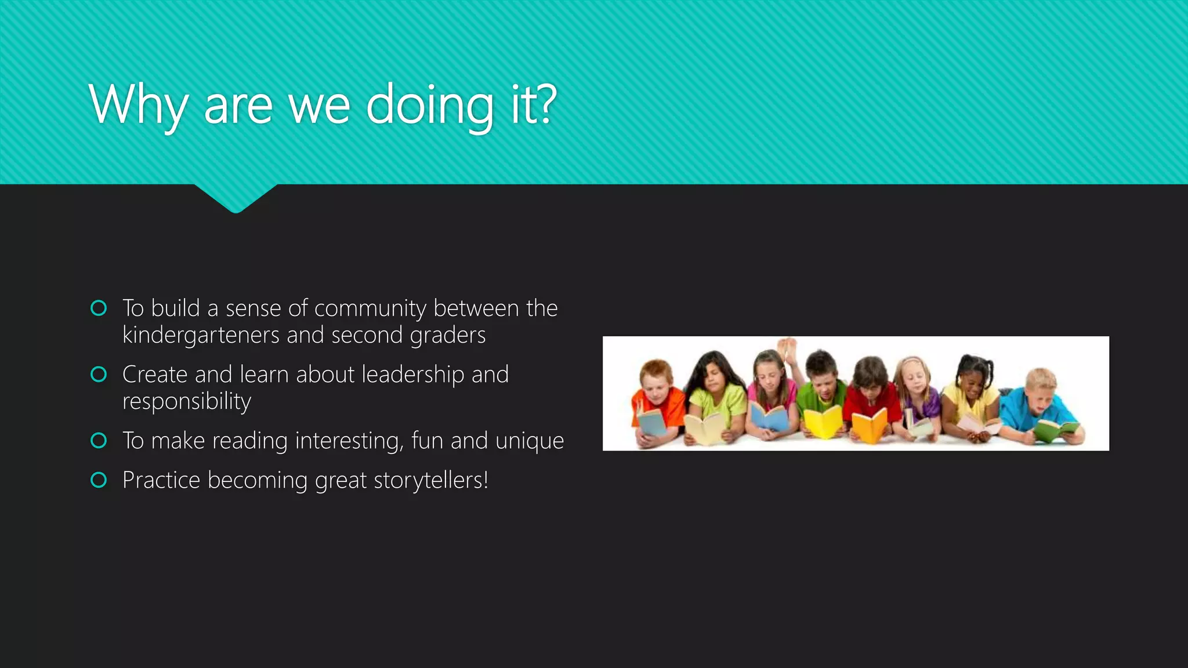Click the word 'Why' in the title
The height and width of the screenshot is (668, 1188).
tap(138, 106)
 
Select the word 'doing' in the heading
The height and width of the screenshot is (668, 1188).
tap(430, 106)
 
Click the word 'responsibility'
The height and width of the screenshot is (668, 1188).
tap(187, 401)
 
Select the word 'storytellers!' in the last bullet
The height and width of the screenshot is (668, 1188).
tap(431, 480)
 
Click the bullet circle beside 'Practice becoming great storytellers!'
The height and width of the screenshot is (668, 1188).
tap(99, 480)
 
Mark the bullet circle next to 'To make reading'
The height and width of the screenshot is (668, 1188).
tap(99, 441)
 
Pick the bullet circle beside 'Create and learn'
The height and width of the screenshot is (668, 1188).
tap(99, 375)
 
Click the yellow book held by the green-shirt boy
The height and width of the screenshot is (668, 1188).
tap(823, 423)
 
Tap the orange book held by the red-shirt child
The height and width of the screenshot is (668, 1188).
tap(870, 426)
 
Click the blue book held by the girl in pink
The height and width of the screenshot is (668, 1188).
tap(770, 416)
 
